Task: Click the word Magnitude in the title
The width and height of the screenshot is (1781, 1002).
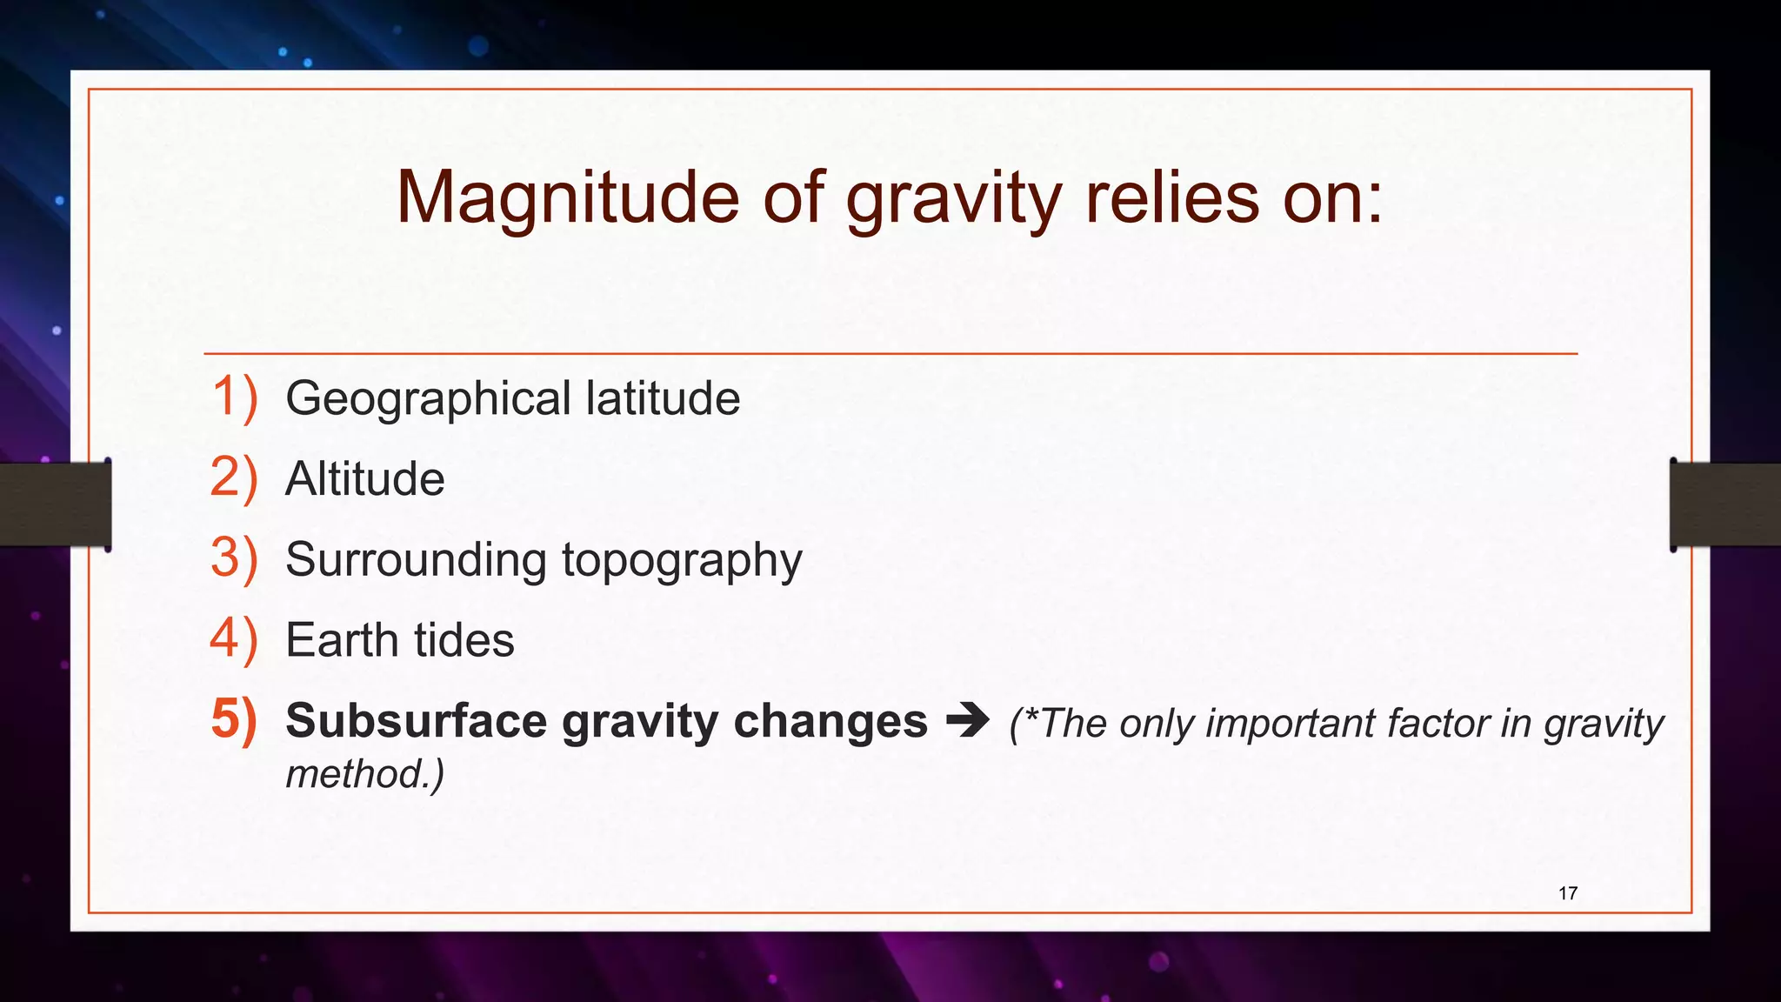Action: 567,198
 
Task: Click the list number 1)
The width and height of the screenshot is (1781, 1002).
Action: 234,397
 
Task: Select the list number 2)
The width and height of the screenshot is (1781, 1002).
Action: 234,478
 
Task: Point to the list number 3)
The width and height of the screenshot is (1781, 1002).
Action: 234,558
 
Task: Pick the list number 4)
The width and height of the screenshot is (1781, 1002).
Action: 234,639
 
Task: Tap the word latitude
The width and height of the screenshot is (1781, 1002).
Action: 663,397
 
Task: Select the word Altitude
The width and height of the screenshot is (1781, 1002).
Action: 364,478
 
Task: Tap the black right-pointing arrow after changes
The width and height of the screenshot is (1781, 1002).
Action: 967,720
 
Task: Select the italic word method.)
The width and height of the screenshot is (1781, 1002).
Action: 364,773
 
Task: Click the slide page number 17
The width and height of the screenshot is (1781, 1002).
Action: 1567,893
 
